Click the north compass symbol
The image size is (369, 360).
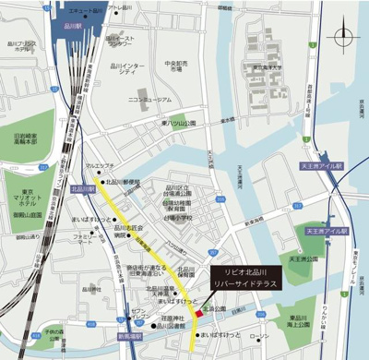[x=345, y=37]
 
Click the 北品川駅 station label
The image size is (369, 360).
[x=83, y=189]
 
